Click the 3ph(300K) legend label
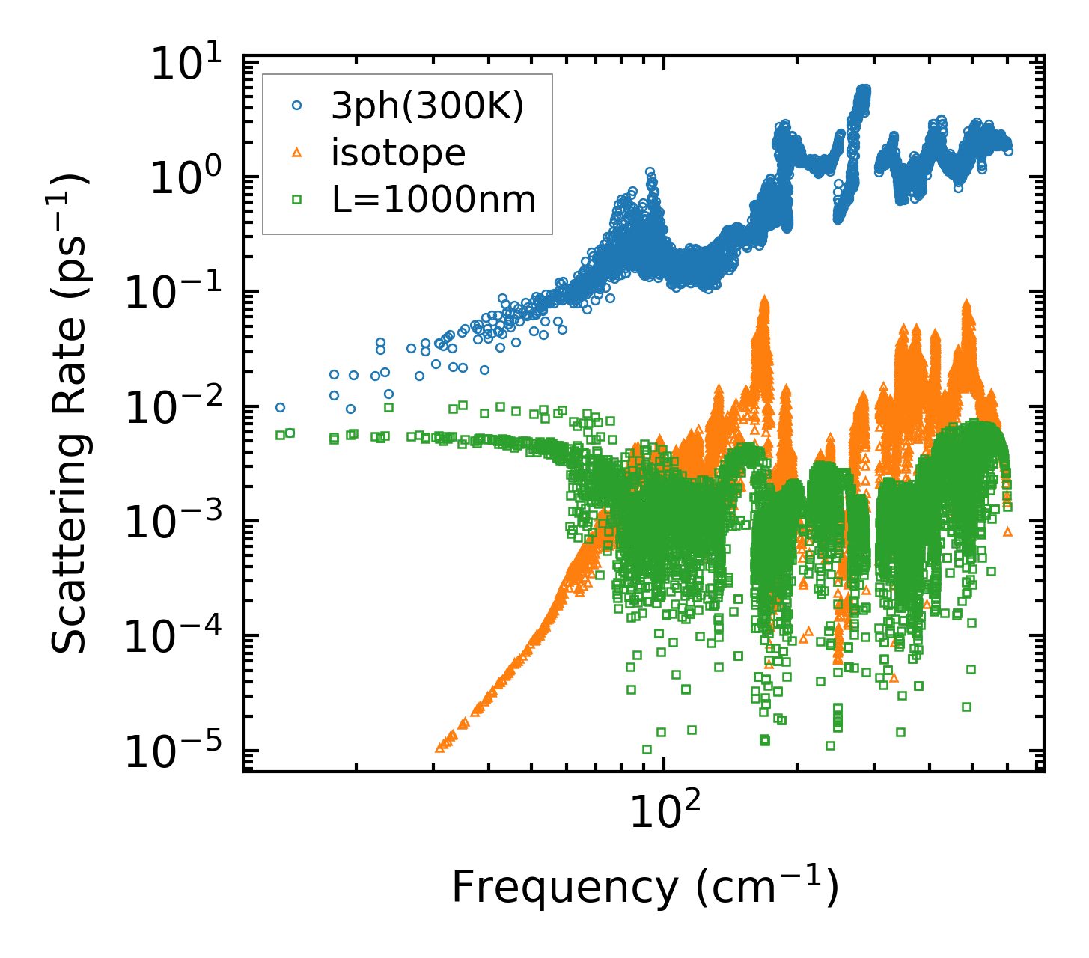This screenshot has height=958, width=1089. [427, 107]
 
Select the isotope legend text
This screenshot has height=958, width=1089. [398, 153]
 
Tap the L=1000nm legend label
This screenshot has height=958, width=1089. [433, 200]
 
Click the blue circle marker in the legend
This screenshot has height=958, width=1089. [296, 107]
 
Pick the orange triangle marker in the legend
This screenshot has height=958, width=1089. [296, 153]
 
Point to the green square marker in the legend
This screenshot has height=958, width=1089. [296, 200]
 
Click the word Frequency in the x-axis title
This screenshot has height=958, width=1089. [564, 888]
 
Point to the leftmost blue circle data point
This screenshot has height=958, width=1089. [280, 408]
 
